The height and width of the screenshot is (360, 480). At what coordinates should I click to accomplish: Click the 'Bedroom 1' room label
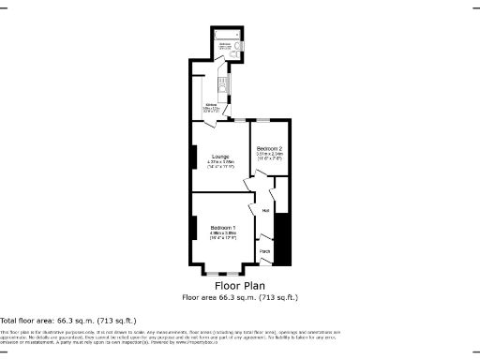222,229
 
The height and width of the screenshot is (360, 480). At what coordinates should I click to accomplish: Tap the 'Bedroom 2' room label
270,148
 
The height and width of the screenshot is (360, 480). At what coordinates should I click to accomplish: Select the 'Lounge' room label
220,156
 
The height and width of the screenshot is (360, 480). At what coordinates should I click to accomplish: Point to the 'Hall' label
265,211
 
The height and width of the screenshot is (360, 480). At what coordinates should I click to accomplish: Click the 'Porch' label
265,250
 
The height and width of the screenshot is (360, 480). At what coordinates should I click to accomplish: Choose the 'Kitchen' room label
213,105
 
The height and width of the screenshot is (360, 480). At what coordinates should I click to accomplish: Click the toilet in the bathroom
240,43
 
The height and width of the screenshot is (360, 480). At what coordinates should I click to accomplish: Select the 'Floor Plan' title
240,285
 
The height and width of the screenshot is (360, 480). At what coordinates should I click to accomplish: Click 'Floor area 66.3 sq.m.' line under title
240,297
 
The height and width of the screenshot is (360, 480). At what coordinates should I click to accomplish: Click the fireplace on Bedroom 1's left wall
193,228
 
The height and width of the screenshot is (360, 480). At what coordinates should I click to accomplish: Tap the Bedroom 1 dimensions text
222,237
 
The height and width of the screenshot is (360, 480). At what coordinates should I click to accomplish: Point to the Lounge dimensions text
220,164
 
